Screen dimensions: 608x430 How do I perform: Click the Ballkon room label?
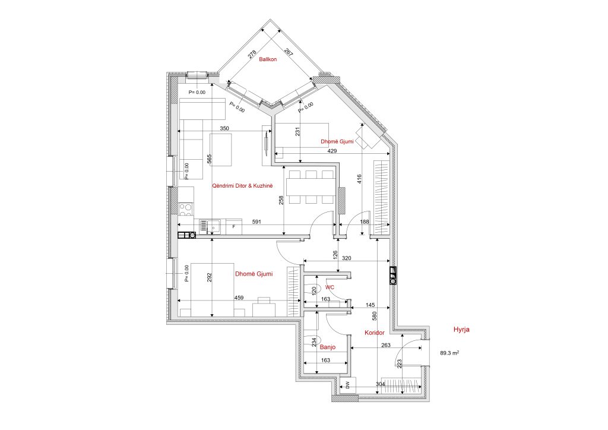pos(268,59)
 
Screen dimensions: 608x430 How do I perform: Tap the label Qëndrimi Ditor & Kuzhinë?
pos(242,186)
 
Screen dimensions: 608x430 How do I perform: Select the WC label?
pos(330,287)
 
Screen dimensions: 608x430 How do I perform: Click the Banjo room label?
pos(328,347)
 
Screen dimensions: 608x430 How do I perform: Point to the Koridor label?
pos(375,333)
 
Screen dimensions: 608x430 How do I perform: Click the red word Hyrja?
pos(461,330)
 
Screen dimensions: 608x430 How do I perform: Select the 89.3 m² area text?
pos(450,353)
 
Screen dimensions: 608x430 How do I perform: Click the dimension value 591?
pos(256,222)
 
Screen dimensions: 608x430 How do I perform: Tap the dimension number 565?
pos(210,159)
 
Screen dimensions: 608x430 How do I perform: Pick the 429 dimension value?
pos(332,151)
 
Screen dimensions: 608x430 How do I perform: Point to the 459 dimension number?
pos(239,298)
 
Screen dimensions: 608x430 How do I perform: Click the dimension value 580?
pos(374,317)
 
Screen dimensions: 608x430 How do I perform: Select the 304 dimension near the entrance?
pos(381,384)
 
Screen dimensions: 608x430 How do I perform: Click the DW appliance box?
pos(348,385)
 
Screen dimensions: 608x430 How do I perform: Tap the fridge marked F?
pos(234,227)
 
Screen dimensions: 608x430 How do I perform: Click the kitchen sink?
pos(210,227)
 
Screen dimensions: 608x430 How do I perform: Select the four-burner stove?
pos(186,210)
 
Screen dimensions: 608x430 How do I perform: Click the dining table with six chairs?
pos(311,187)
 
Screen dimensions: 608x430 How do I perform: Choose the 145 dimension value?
pos(370,305)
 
